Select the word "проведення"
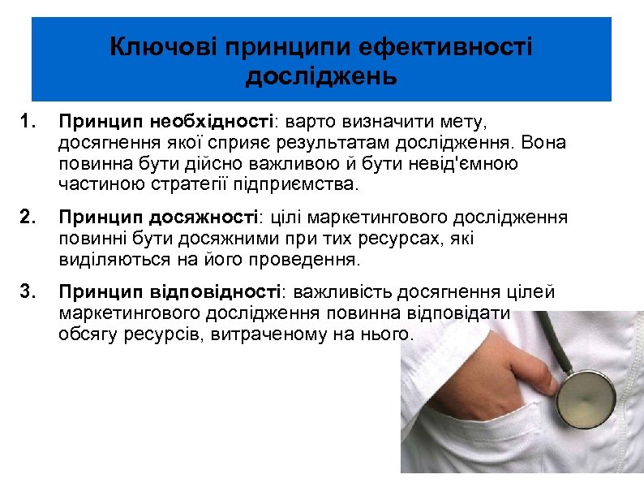click(x=307, y=260)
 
